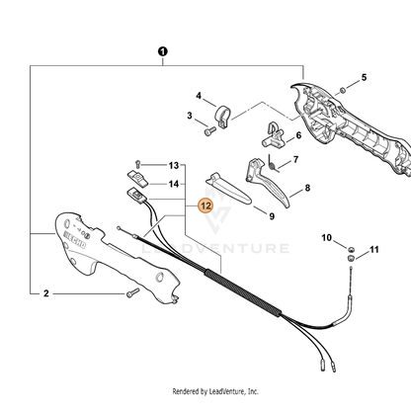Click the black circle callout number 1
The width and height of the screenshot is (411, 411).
pos(163,51)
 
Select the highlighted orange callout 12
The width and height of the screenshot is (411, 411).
pos(205,205)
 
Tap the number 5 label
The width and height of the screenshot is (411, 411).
pos(364,77)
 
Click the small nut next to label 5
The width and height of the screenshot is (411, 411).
pos(342,90)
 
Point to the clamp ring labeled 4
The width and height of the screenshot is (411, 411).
pos(222,117)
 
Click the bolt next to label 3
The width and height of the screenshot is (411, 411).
pos(209,131)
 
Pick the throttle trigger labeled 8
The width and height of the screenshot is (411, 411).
pos(268,182)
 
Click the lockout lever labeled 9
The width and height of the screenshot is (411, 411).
pos(228,189)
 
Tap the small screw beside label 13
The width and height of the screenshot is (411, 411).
pos(138,164)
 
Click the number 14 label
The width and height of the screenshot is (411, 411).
pos(174,184)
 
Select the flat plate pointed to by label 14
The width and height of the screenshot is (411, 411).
pos(138,178)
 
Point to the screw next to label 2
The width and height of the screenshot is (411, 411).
pos(132,292)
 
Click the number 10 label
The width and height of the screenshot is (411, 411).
pos(326,237)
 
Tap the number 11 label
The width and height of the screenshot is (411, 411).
pos(374,250)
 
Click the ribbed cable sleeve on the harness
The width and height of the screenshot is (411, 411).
pos(243,292)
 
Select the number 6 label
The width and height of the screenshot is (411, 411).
pos(298,135)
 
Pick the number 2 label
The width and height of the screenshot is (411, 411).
pos(46,293)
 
